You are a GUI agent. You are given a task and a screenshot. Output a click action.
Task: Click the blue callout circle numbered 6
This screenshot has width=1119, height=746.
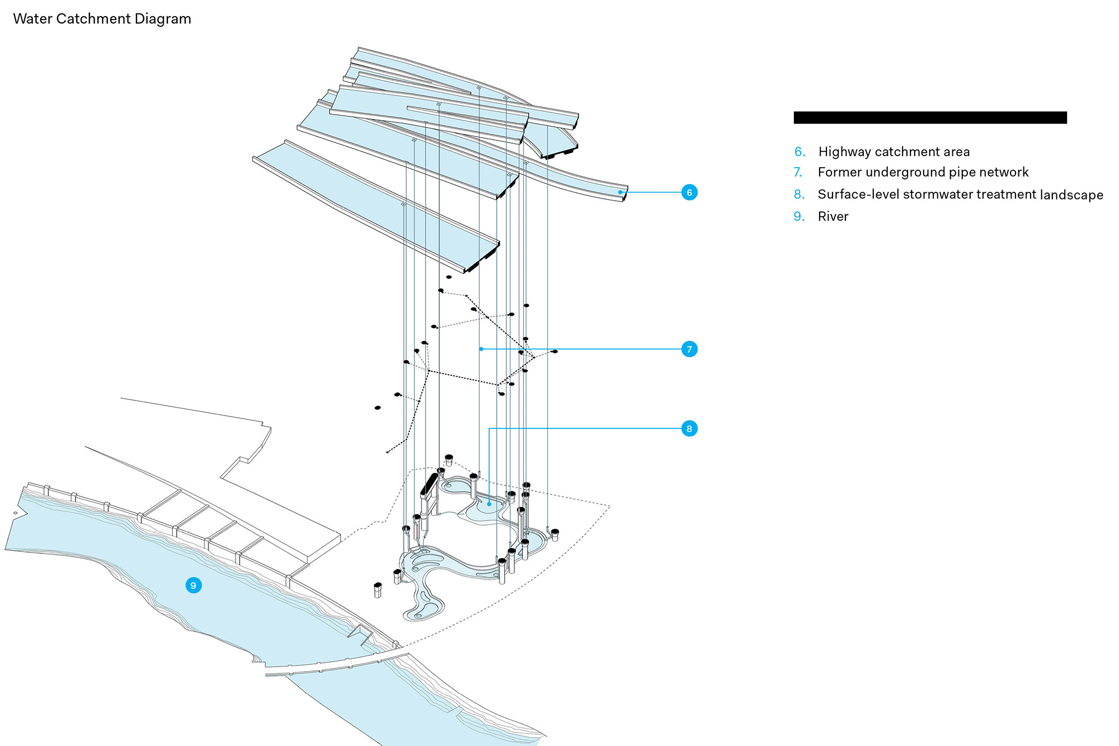[x=689, y=192]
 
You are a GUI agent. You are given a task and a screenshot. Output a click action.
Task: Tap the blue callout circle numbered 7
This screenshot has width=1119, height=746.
[x=689, y=349]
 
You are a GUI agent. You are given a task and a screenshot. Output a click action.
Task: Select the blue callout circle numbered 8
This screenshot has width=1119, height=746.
[x=689, y=429]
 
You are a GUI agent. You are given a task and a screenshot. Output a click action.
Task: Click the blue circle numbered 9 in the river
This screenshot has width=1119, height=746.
[x=194, y=586]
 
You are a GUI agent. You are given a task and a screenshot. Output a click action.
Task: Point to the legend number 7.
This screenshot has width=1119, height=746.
[x=798, y=172]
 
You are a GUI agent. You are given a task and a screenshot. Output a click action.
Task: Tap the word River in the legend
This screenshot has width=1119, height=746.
[x=833, y=216]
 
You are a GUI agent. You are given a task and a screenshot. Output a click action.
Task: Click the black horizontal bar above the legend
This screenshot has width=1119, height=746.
[x=930, y=117]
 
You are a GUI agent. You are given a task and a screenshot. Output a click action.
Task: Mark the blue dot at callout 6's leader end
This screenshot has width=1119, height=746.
[x=620, y=192]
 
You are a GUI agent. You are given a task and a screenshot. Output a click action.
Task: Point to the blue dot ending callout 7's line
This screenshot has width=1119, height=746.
[x=481, y=349]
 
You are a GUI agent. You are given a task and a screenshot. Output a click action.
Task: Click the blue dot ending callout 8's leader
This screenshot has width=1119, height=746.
[x=490, y=504]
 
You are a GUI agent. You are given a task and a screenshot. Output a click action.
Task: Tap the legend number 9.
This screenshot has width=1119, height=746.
[x=798, y=216]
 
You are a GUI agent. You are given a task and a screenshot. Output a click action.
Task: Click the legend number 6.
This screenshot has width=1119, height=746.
[x=800, y=152]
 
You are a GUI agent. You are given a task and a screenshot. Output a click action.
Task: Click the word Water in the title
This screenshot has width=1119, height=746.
[x=32, y=19]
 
